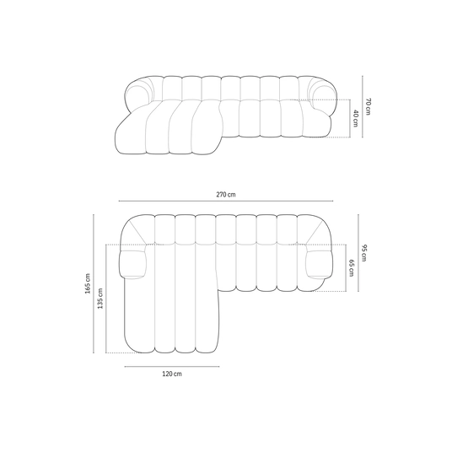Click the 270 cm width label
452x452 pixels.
click(226, 195)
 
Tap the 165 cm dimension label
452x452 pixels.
click(88, 283)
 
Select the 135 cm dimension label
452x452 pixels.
click(100, 299)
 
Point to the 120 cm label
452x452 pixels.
click(172, 374)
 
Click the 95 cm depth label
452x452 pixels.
click(363, 253)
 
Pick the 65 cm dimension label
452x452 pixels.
click(352, 268)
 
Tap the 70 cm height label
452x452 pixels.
click(369, 106)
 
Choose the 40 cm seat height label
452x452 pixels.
click(355, 118)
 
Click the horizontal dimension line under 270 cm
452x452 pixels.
click(226, 201)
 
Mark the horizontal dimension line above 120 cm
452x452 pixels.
click(172, 367)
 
